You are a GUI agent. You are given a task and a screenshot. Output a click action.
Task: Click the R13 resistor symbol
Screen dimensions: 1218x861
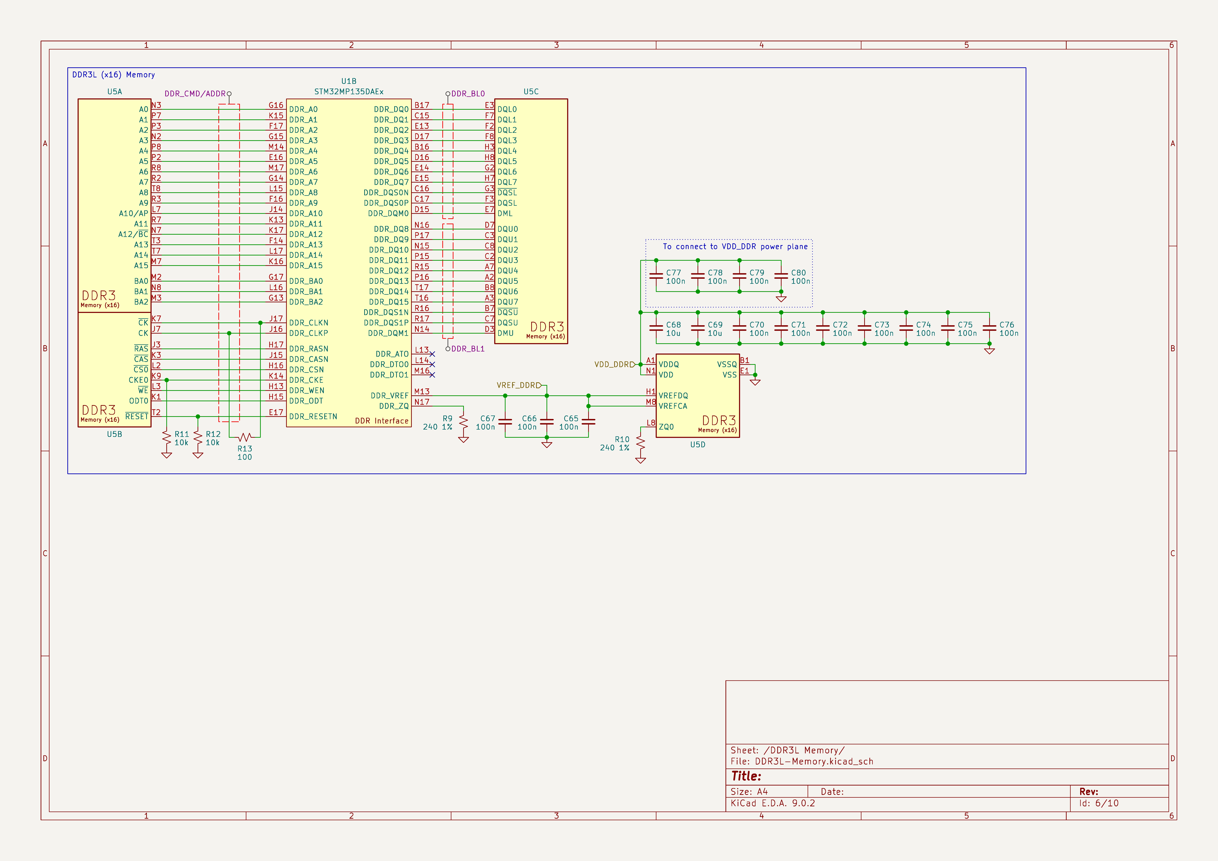click(245, 437)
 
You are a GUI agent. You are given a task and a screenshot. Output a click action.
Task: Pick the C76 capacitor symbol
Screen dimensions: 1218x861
click(989, 328)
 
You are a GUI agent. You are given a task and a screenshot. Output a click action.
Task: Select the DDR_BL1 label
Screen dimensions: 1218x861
click(468, 348)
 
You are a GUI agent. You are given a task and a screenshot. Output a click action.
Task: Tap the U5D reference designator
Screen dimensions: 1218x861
click(698, 445)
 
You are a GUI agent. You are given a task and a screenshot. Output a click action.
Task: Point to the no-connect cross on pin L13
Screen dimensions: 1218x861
click(432, 354)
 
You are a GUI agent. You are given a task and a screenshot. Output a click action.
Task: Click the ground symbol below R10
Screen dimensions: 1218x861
click(641, 460)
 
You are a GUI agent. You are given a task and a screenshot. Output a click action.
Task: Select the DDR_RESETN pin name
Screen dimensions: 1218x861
click(313, 416)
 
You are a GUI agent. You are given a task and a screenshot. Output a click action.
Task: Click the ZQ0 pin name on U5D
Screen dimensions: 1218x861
click(666, 427)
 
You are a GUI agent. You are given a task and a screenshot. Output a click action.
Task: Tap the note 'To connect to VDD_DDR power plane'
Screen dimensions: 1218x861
click(735, 247)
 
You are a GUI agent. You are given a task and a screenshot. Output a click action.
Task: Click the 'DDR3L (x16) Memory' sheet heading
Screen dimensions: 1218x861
click(114, 75)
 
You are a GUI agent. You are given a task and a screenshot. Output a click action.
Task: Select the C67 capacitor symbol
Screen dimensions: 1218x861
click(505, 422)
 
